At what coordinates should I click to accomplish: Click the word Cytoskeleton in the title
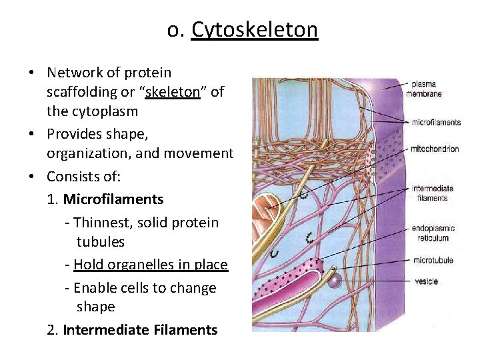coord(255,30)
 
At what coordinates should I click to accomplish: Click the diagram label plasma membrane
coord(424,89)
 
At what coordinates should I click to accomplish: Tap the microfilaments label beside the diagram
coord(437,122)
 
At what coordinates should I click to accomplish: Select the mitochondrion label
coord(435,149)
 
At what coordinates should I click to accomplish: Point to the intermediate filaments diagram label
coord(432,192)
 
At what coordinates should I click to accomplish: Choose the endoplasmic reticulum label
coord(431,233)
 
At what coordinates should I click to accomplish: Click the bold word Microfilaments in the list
coord(113,199)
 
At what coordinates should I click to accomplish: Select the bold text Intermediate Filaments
coord(140,330)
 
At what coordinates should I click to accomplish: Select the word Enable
coord(94,288)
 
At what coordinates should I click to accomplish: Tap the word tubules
coord(101,241)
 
